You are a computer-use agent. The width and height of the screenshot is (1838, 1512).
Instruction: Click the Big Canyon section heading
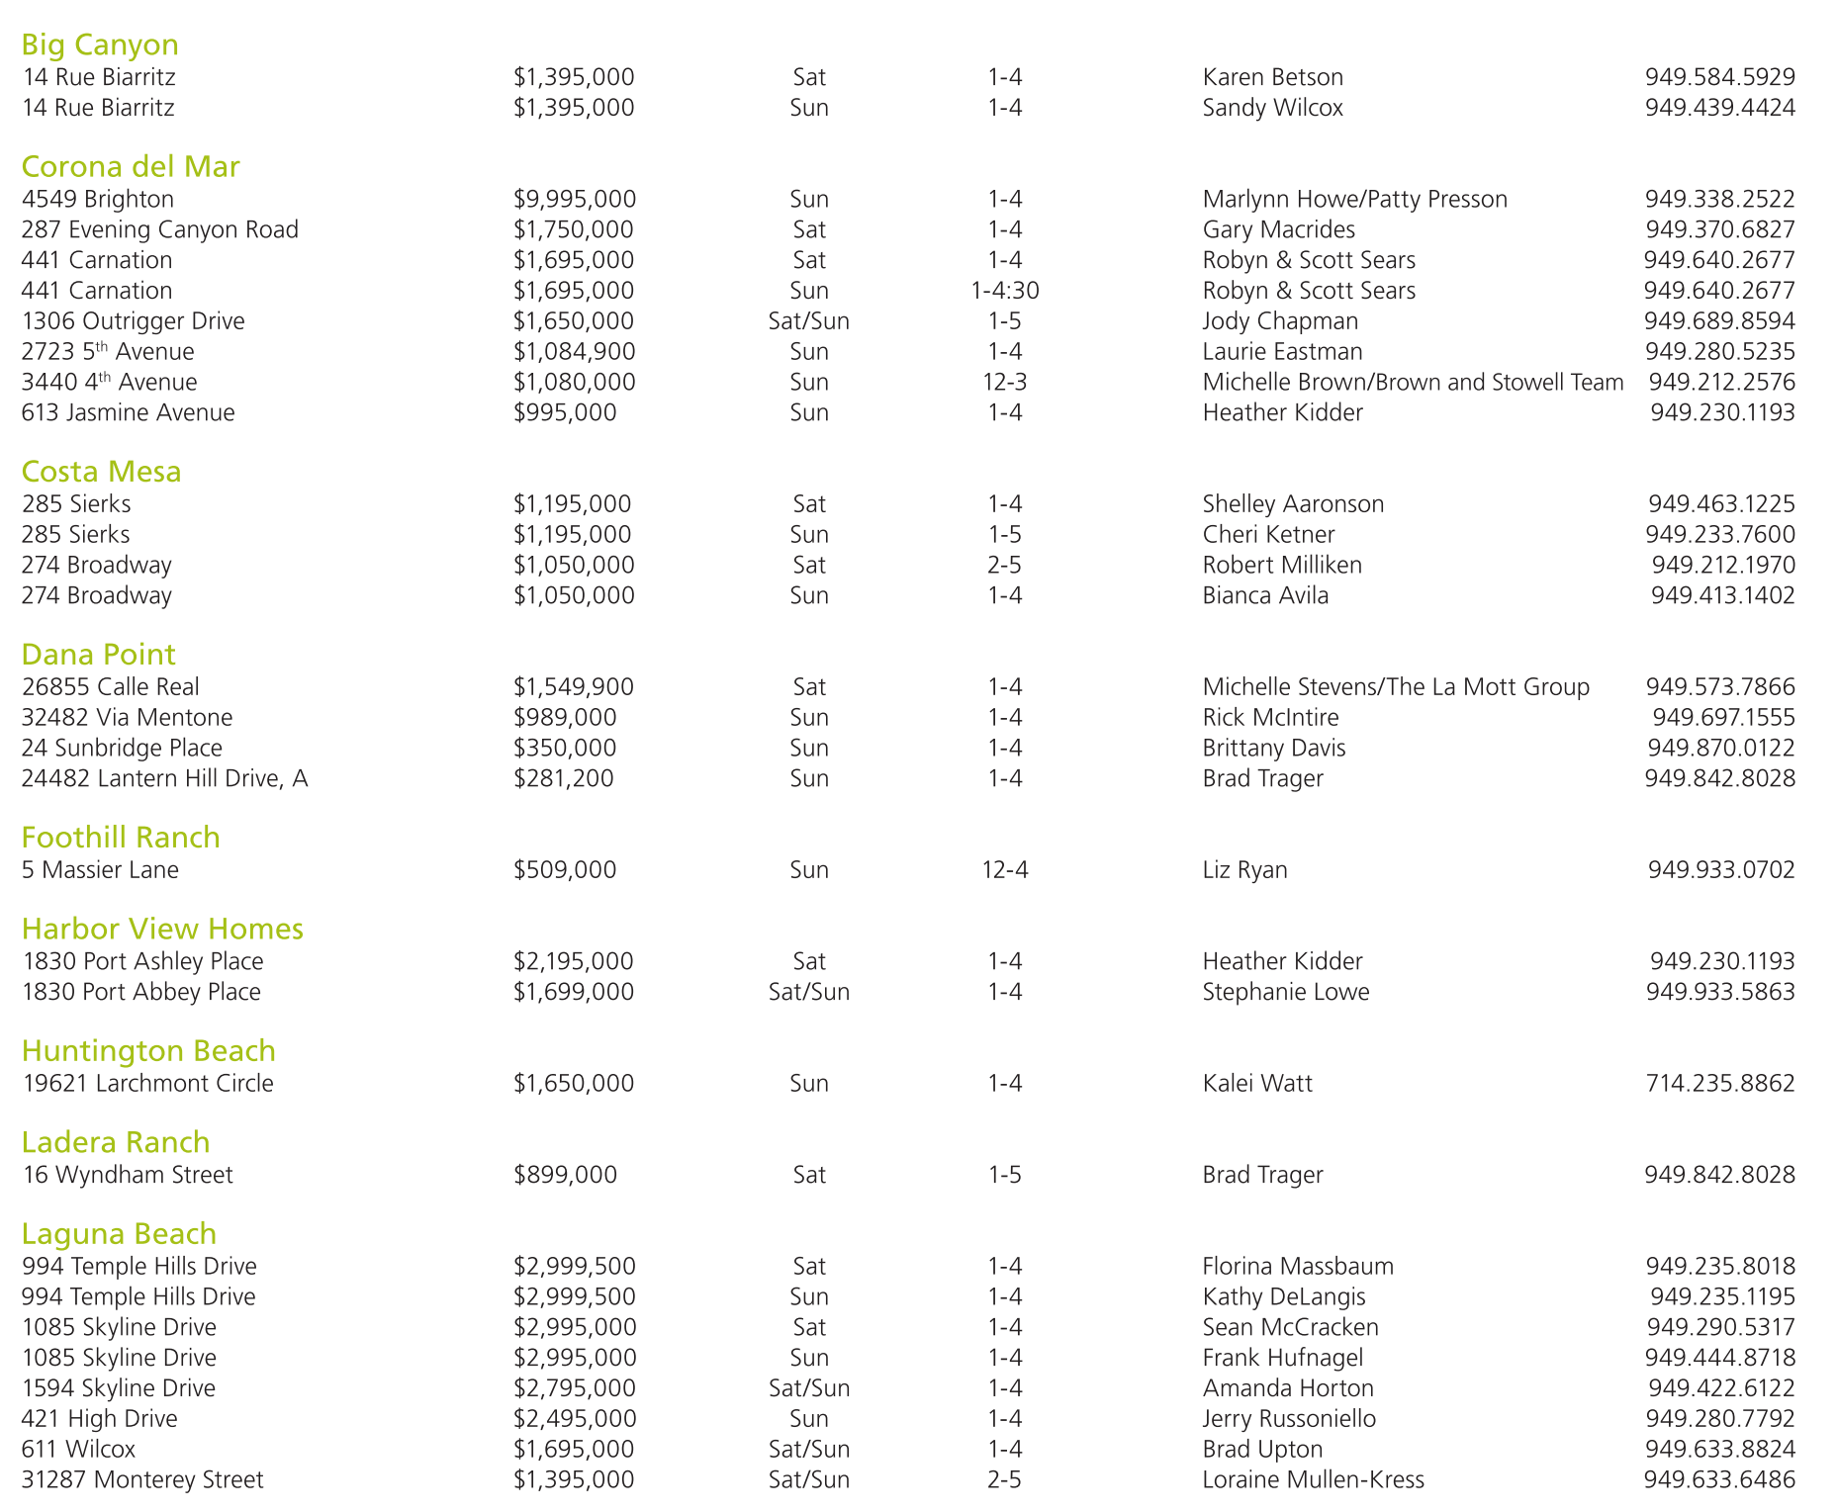point(100,44)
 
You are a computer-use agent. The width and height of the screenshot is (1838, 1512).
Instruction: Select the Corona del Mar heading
point(131,166)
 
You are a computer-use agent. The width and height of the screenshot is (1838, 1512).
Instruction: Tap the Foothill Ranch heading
point(121,838)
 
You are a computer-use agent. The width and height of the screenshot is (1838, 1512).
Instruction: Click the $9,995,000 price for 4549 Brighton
point(575,199)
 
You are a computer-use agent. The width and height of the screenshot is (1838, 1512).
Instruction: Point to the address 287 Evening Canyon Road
point(160,229)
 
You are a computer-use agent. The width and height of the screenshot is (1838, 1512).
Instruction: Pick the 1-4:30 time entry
point(1004,291)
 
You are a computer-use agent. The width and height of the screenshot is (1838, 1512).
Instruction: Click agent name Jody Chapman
point(1280,321)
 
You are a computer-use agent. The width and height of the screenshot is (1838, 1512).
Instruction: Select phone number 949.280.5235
point(1719,352)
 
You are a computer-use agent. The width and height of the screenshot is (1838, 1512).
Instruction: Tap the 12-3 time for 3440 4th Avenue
point(1004,383)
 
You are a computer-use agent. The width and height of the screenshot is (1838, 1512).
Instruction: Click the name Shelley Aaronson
point(1293,504)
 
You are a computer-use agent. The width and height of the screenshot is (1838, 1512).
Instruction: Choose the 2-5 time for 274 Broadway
point(1004,566)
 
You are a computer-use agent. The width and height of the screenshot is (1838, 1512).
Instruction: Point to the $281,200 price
point(564,779)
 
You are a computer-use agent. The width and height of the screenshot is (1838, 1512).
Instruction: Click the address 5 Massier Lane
point(101,870)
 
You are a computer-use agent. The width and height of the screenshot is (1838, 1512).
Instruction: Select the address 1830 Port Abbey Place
point(141,992)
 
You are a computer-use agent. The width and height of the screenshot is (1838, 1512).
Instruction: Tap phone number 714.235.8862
point(1719,1084)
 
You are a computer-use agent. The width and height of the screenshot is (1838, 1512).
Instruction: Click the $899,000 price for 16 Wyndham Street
point(565,1175)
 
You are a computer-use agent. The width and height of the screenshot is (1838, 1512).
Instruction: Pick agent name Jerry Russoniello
point(1289,1419)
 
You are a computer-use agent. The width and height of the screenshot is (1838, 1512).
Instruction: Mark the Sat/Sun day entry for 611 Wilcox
point(809,1450)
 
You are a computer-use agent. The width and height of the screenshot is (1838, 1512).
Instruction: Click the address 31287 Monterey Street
point(143,1480)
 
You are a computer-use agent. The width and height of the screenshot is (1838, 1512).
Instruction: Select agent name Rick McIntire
point(1270,718)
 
